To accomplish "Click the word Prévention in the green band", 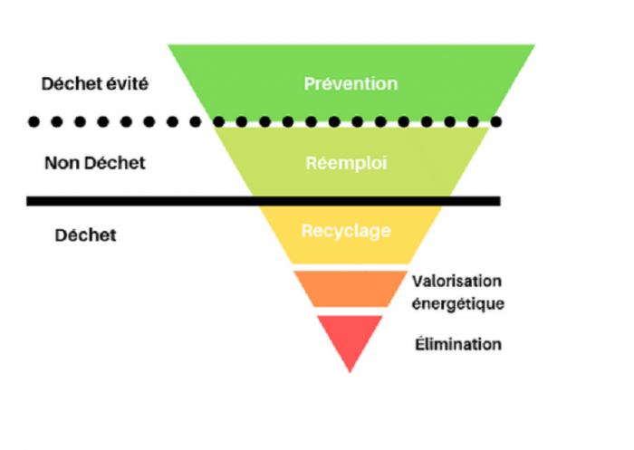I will click(x=351, y=84).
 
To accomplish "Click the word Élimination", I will click(x=456, y=345).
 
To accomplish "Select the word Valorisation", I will click(x=456, y=281).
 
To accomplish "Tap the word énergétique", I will click(x=457, y=303).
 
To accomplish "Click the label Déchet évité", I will click(x=95, y=84).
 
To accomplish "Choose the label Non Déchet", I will click(x=95, y=164).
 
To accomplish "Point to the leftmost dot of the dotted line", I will click(x=34, y=121).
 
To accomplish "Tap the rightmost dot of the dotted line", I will click(x=496, y=121).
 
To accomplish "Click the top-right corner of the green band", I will click(x=533, y=46).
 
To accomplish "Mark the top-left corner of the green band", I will click(x=169, y=46).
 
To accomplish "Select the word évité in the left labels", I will click(x=127, y=84).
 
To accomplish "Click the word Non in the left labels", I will click(x=60, y=164).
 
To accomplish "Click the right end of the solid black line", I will click(x=497, y=200).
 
